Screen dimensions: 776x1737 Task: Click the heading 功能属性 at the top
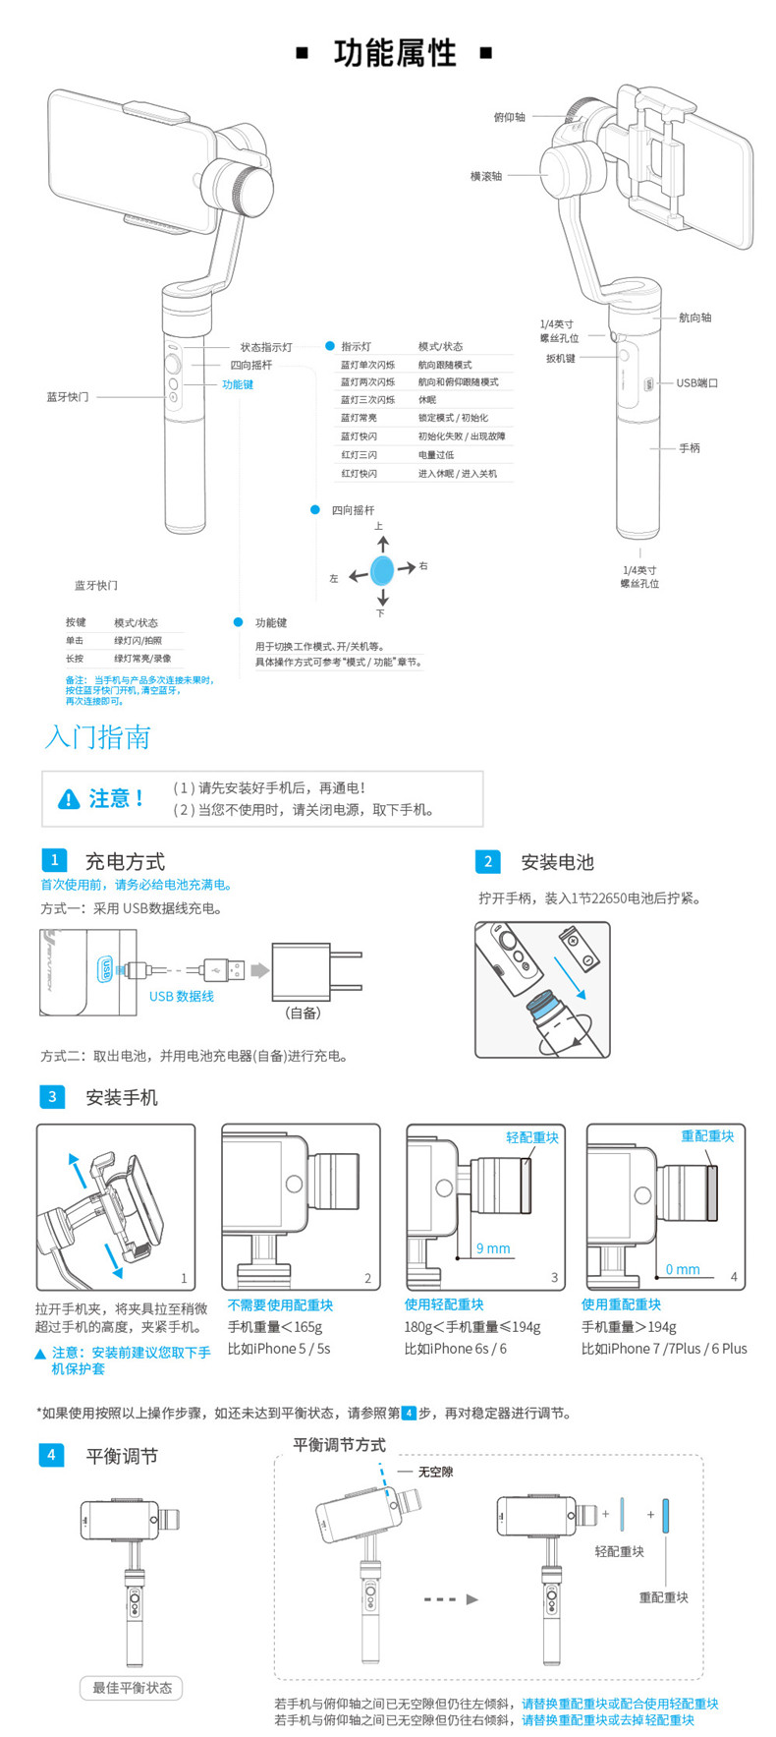(395, 53)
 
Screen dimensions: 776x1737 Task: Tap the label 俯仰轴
(509, 118)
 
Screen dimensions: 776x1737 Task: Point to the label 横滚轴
(486, 177)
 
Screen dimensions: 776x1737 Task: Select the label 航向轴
(695, 318)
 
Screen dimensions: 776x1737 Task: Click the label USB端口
(696, 383)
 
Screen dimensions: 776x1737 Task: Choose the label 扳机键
(561, 359)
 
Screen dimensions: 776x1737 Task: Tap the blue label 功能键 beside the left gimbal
(238, 384)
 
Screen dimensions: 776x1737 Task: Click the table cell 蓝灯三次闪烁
(368, 400)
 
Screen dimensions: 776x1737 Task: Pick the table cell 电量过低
(436, 455)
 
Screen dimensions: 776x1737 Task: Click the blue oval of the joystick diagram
(382, 570)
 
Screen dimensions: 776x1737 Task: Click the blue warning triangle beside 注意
(69, 799)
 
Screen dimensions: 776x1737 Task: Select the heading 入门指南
(97, 737)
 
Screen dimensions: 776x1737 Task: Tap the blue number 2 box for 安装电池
(488, 862)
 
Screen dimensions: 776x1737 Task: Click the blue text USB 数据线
(182, 997)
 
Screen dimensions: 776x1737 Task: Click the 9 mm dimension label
(493, 1248)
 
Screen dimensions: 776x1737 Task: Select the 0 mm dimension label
(683, 1269)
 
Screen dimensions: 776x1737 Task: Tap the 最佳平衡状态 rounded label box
(132, 1688)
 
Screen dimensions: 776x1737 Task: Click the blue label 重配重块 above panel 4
(707, 1136)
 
